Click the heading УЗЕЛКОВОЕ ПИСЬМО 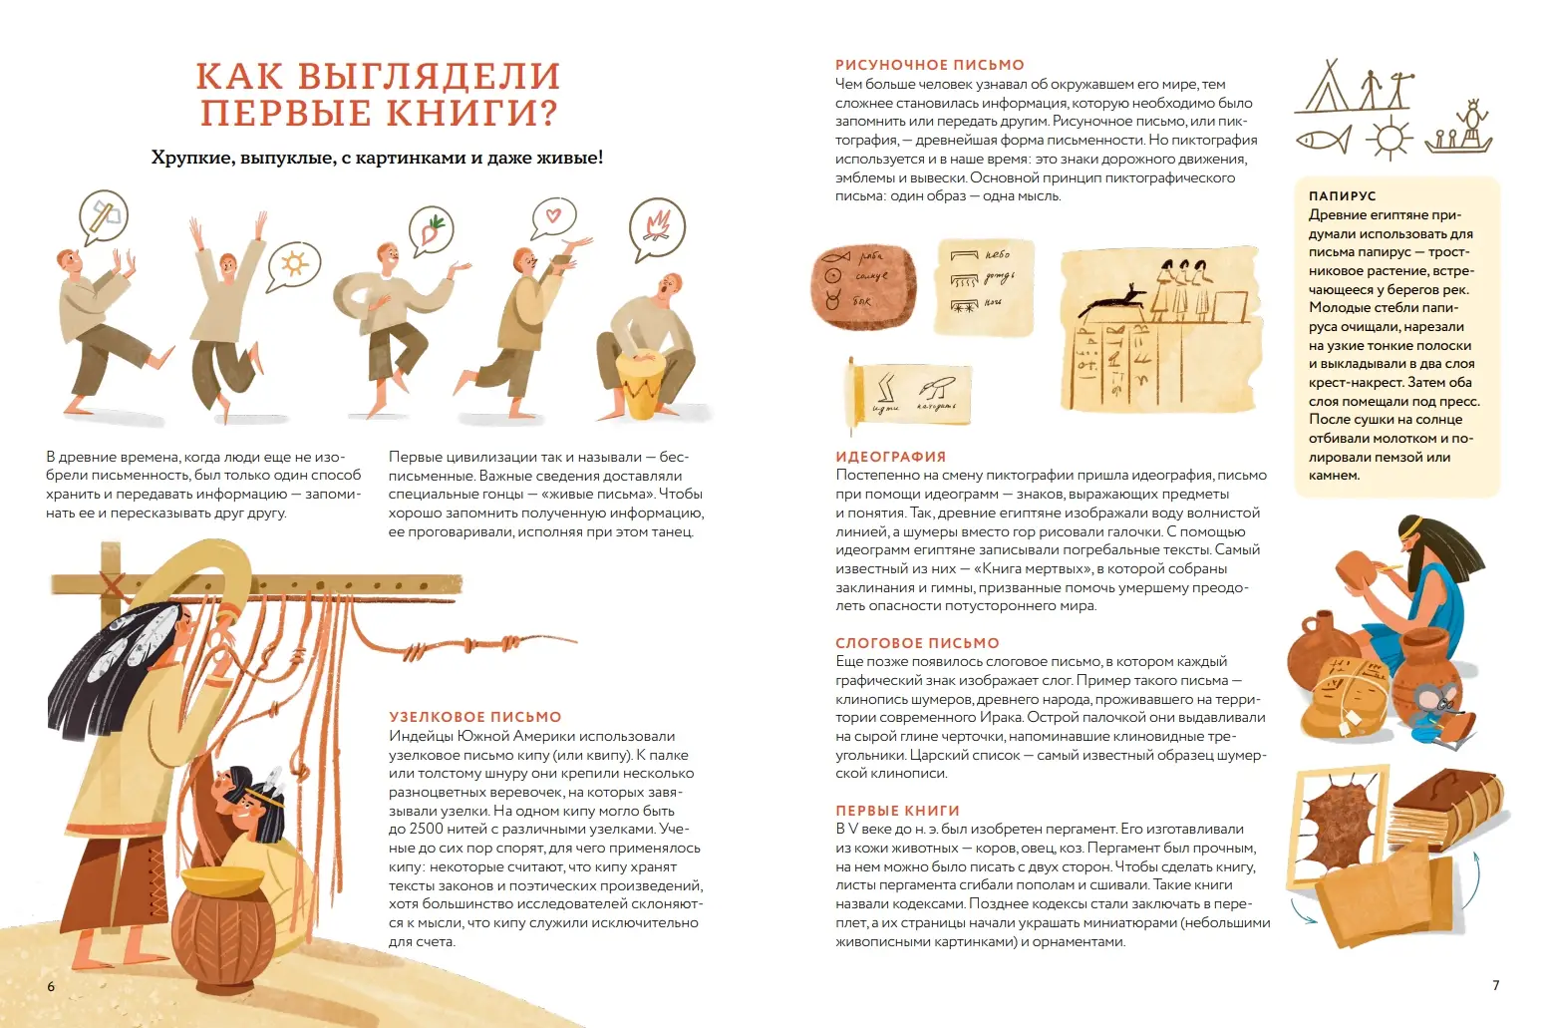click(474, 717)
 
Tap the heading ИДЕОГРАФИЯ click(891, 457)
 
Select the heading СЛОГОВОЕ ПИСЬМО click(917, 643)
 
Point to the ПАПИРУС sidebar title click(1342, 195)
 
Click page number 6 click(51, 986)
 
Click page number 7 click(1495, 985)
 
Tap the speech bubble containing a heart click(553, 217)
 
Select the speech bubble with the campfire click(656, 228)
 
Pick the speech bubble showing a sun click(294, 265)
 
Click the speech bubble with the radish click(431, 231)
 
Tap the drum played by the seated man click(639, 384)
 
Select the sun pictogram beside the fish click(1390, 138)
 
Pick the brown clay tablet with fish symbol click(863, 286)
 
